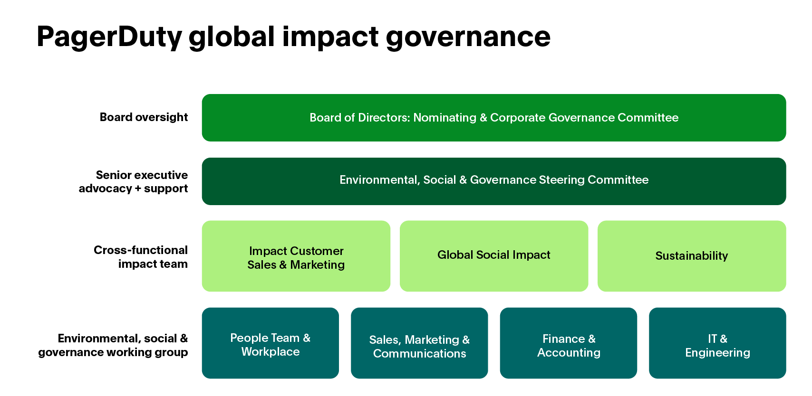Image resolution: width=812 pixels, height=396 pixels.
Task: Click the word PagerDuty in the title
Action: (x=109, y=37)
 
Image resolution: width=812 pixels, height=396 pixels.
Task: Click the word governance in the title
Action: (x=468, y=37)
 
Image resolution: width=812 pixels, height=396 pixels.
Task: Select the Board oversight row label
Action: (x=144, y=117)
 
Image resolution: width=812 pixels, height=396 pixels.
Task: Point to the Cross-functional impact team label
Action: (x=141, y=257)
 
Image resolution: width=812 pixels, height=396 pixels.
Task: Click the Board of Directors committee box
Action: (x=493, y=118)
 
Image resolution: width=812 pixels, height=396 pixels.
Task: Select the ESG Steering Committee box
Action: (x=493, y=181)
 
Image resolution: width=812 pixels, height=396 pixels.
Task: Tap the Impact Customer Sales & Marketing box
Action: (x=296, y=256)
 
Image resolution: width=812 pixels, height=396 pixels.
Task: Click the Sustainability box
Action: (x=691, y=256)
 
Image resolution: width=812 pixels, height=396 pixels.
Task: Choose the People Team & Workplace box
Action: (x=270, y=343)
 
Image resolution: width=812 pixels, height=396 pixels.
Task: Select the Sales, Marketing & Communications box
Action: (x=419, y=343)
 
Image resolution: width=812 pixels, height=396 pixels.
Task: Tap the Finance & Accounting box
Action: (x=569, y=343)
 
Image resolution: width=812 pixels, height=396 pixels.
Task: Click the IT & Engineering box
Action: (x=717, y=343)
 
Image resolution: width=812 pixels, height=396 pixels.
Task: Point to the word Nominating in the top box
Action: (x=445, y=118)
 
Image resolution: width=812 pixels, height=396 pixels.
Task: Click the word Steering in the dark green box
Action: (x=561, y=180)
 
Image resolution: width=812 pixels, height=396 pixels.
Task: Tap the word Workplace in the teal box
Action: (x=271, y=352)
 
